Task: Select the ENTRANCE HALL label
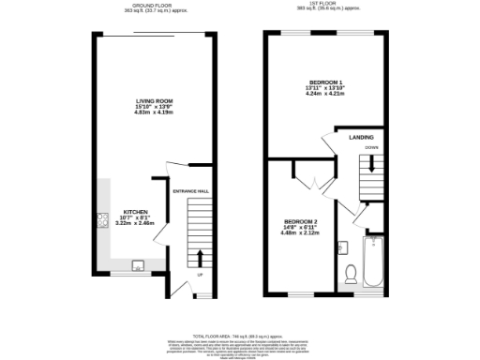coord(191,192)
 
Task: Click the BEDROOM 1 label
coord(325,82)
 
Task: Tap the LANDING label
coord(361,138)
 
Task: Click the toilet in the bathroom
coord(350,273)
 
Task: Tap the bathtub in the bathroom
coord(372,263)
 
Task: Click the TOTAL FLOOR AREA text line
coord(240,335)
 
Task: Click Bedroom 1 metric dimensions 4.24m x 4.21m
coord(325,94)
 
